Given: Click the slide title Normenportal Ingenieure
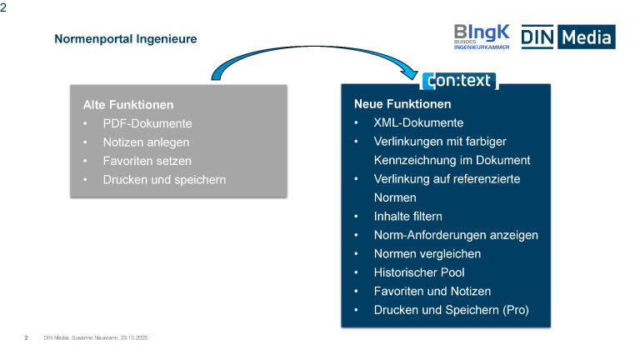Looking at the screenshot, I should (126, 38).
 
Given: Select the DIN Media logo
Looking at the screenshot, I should (567, 36).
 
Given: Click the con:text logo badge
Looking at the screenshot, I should (458, 81).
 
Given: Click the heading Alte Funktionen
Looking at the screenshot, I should (128, 105).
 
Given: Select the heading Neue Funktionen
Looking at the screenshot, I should (402, 104).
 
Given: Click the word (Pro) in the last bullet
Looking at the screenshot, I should (514, 310).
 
